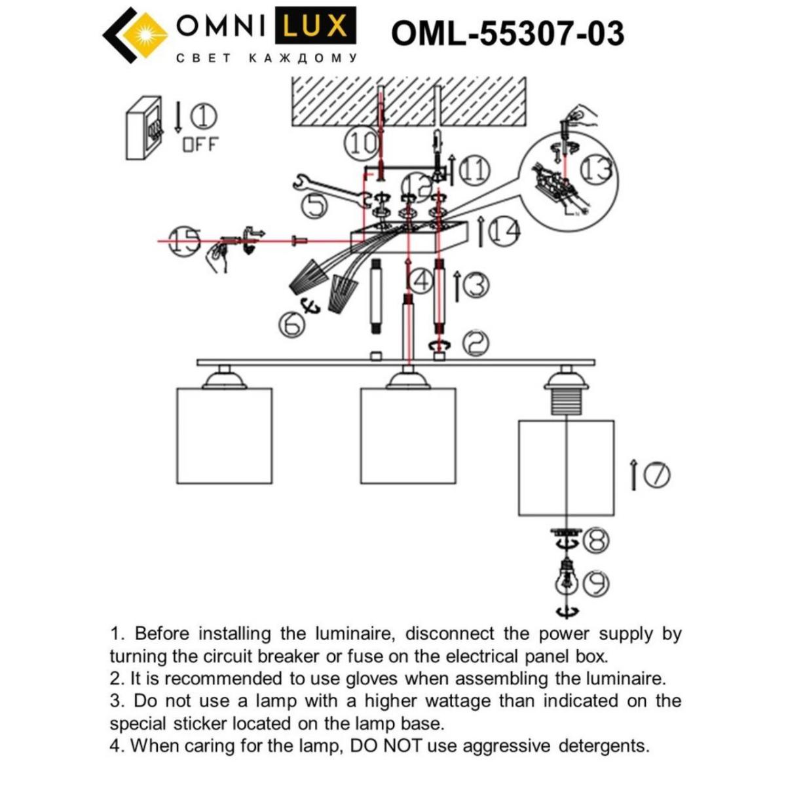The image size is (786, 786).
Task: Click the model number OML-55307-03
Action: (x=508, y=33)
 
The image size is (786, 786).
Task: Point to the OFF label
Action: (x=200, y=145)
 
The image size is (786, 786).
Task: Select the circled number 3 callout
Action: (x=477, y=286)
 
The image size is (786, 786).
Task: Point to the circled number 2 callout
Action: (x=477, y=343)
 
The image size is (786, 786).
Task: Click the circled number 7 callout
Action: (x=657, y=475)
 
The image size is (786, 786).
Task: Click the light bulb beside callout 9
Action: (x=566, y=576)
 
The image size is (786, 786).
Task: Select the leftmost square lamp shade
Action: (x=224, y=436)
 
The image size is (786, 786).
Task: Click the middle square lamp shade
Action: (x=407, y=436)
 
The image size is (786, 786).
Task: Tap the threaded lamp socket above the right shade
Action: (x=566, y=398)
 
